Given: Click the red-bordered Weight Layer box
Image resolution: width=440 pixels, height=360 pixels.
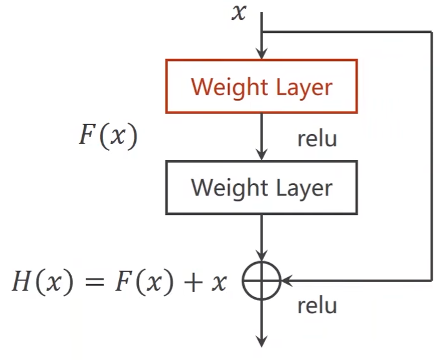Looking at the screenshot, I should coord(261,87).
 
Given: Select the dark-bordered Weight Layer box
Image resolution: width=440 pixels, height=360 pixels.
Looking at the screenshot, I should coord(261,187).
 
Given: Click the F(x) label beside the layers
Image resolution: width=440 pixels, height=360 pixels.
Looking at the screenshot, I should coord(107,136).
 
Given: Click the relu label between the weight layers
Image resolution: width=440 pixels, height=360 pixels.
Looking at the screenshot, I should coord(317,138).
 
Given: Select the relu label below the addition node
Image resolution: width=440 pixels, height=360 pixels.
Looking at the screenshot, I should coord(317,306).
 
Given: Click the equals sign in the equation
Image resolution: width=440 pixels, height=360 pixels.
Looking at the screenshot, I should coord(93,282).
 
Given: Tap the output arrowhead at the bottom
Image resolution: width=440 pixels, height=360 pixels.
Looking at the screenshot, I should coord(262,341).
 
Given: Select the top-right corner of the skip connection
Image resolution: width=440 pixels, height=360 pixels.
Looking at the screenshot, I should coord(431,32).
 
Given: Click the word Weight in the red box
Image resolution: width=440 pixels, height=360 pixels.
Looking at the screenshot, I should coord(228,87).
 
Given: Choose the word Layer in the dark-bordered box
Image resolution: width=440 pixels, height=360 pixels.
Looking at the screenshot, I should coord(304,187).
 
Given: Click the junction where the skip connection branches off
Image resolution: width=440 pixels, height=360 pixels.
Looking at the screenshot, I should coord(262,32).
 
